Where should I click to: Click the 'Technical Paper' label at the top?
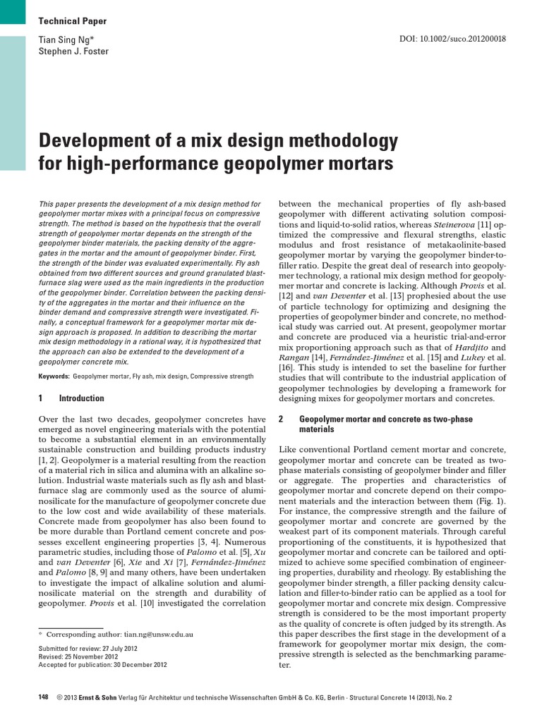(72, 21)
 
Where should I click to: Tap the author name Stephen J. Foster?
(73, 51)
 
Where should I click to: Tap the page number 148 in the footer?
(43, 697)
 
